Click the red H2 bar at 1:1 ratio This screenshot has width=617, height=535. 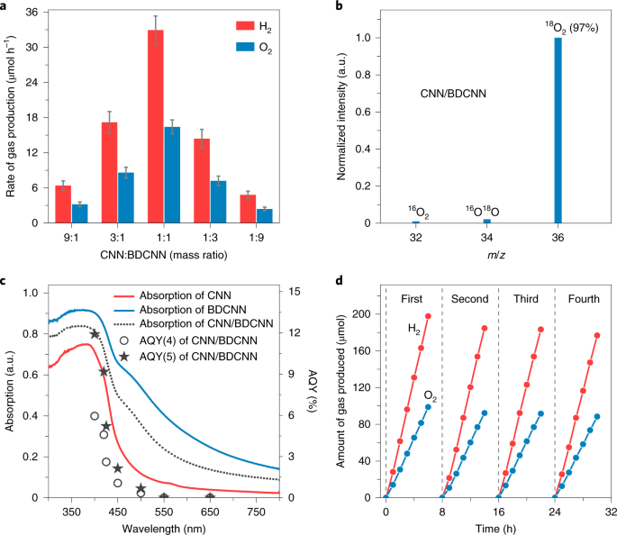point(156,126)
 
